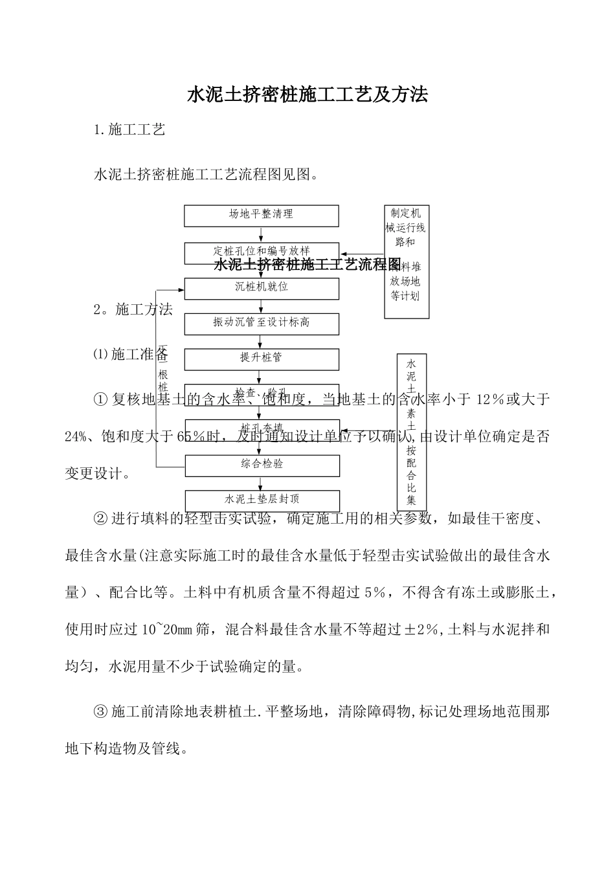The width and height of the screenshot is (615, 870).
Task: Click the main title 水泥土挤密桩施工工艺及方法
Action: click(x=307, y=95)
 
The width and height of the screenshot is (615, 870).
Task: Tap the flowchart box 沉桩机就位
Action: click(x=261, y=288)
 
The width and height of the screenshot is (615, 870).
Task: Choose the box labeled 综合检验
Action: click(x=261, y=465)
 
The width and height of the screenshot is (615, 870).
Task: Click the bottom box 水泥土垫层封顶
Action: click(x=261, y=500)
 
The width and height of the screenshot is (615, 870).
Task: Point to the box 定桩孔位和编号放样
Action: click(x=261, y=251)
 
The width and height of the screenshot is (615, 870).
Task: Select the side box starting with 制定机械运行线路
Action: click(x=406, y=262)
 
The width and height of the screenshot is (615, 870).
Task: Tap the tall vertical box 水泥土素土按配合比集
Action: click(x=411, y=432)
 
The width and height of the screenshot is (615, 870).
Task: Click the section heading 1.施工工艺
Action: click(x=129, y=129)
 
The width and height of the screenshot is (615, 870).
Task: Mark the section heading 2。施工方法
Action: click(x=133, y=309)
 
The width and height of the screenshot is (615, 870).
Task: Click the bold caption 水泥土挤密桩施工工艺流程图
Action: click(x=307, y=264)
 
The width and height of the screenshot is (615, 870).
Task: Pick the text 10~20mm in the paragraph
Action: click(x=173, y=629)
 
